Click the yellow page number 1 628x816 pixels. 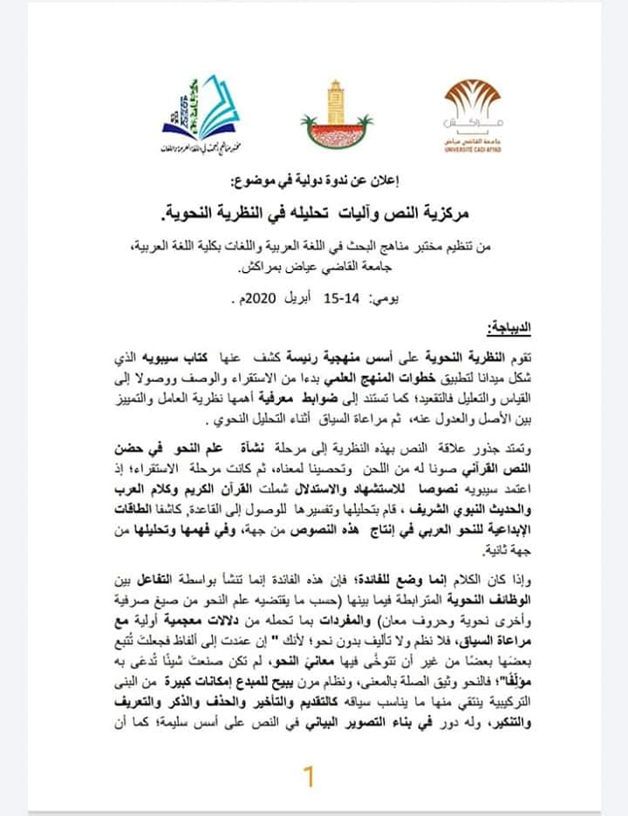click(x=306, y=776)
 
